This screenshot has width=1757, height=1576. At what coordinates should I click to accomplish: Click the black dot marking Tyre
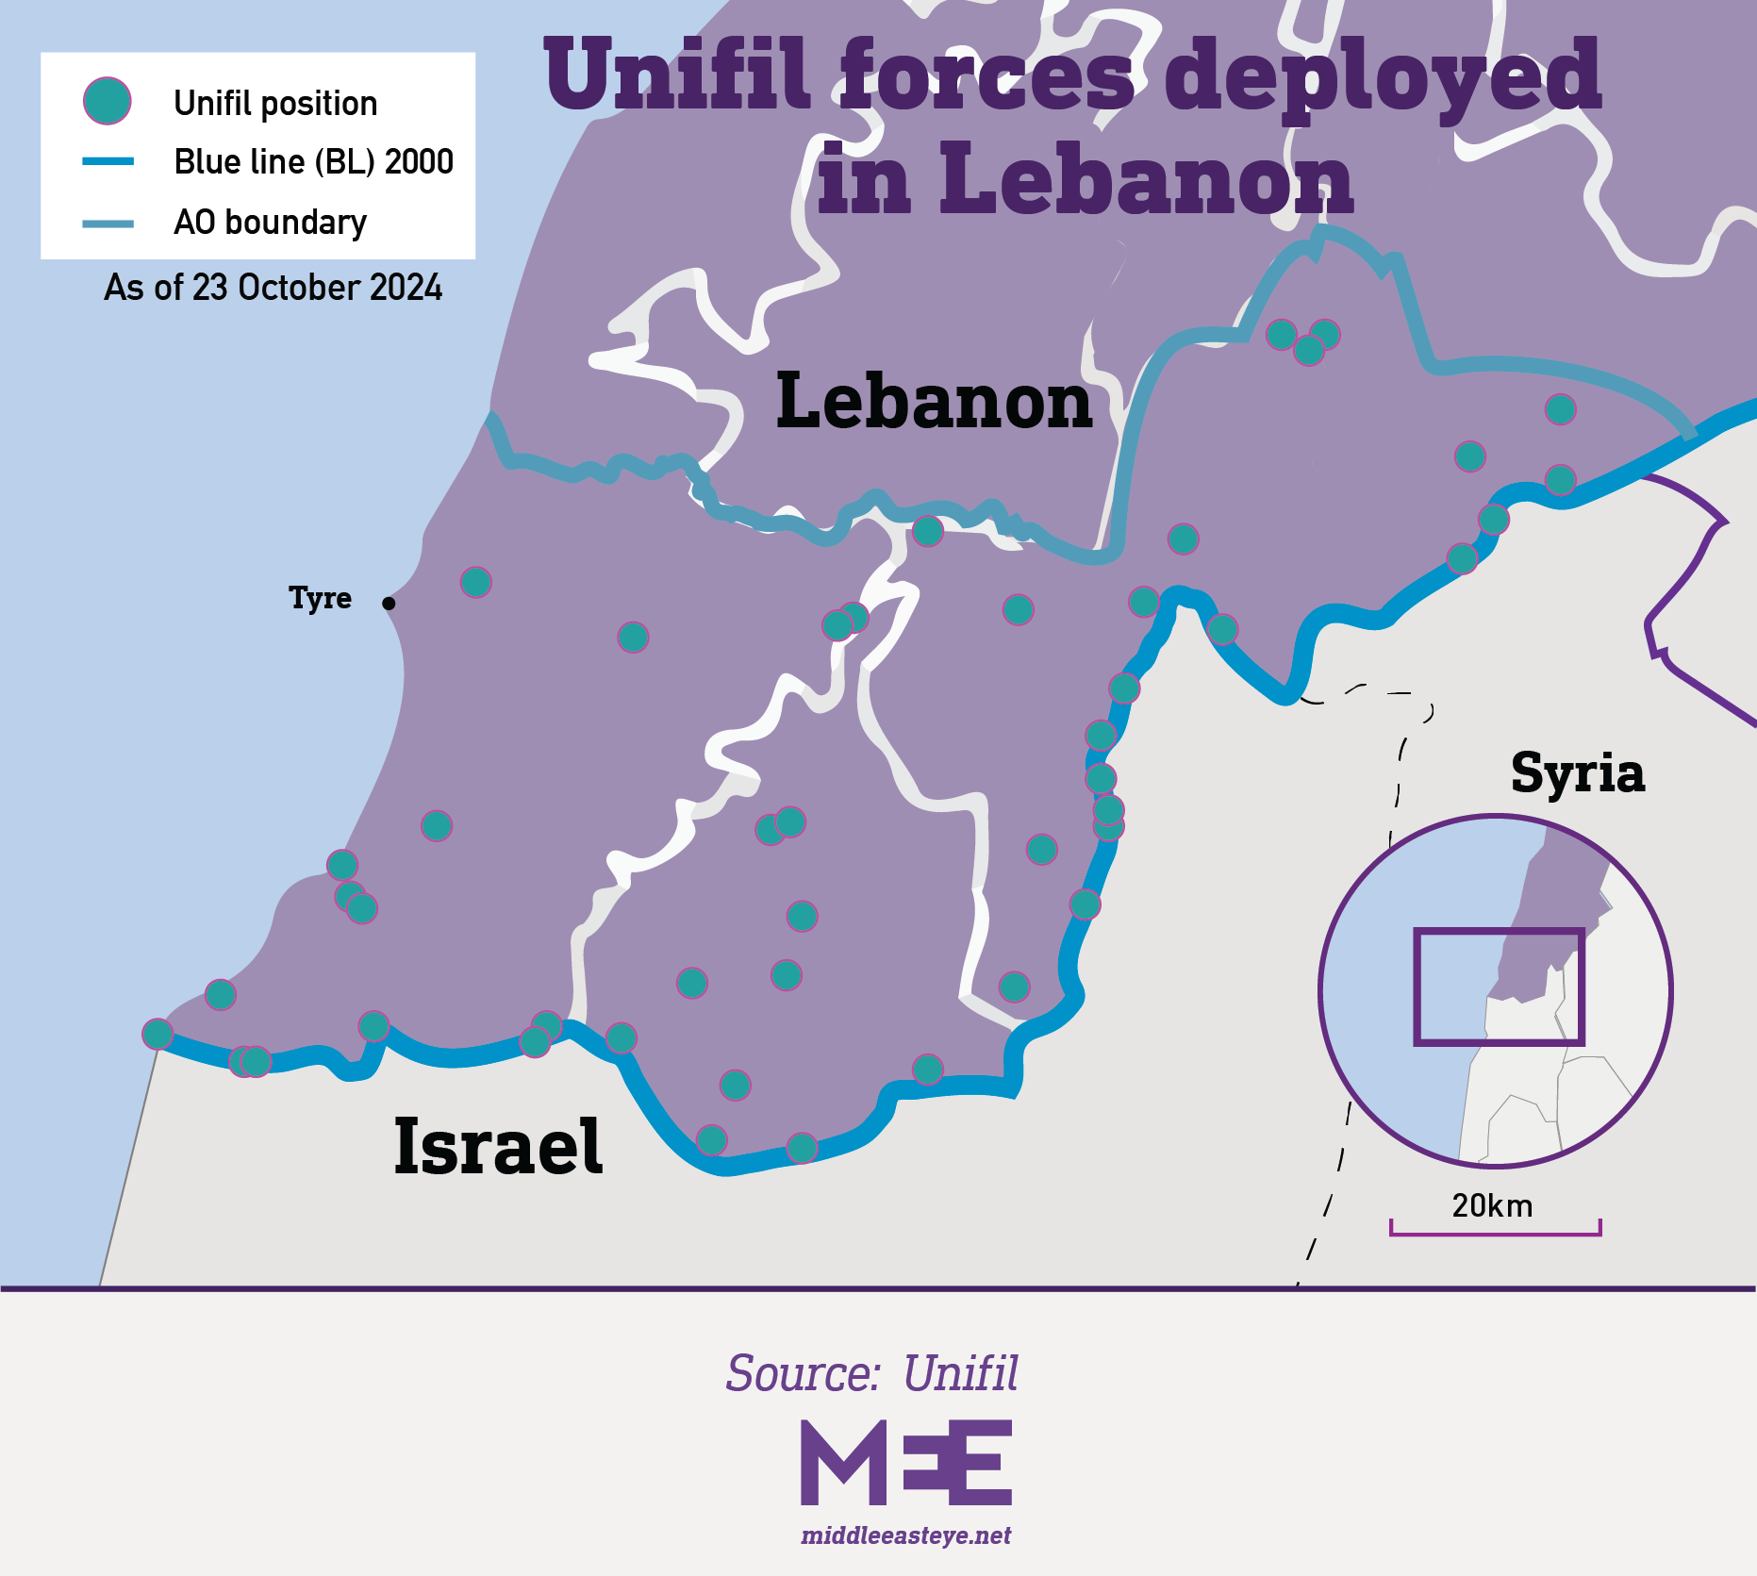[x=389, y=603]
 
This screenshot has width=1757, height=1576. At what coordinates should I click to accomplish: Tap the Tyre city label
[x=320, y=598]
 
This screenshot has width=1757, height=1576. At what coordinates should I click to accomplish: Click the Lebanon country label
[x=933, y=401]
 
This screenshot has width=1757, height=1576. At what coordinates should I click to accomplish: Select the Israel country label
[x=497, y=1147]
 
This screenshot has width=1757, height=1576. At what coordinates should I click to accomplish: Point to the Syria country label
[x=1577, y=773]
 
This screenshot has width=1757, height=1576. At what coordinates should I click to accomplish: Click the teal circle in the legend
[x=108, y=101]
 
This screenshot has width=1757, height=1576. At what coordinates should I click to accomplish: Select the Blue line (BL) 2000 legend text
[x=313, y=162]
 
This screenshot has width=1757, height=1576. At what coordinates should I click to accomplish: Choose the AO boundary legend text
[x=270, y=223]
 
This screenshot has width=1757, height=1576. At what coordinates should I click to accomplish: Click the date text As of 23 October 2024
[x=273, y=288]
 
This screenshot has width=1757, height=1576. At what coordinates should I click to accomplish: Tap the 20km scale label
[x=1492, y=1206]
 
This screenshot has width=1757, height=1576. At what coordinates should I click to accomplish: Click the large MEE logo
[x=905, y=1463]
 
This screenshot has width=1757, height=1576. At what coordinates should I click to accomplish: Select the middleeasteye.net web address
[x=905, y=1535]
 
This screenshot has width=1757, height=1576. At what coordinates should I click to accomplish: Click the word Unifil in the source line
[x=960, y=1373]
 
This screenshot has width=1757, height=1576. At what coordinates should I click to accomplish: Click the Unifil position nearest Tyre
[x=475, y=582]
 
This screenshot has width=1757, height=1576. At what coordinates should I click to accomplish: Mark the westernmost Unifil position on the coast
[x=157, y=1034]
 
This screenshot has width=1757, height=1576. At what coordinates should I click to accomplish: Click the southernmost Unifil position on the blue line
[x=802, y=1148]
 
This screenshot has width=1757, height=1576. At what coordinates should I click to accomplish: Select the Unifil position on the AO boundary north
[x=927, y=531]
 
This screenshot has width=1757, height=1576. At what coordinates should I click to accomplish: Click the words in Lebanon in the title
[x=1085, y=179]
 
